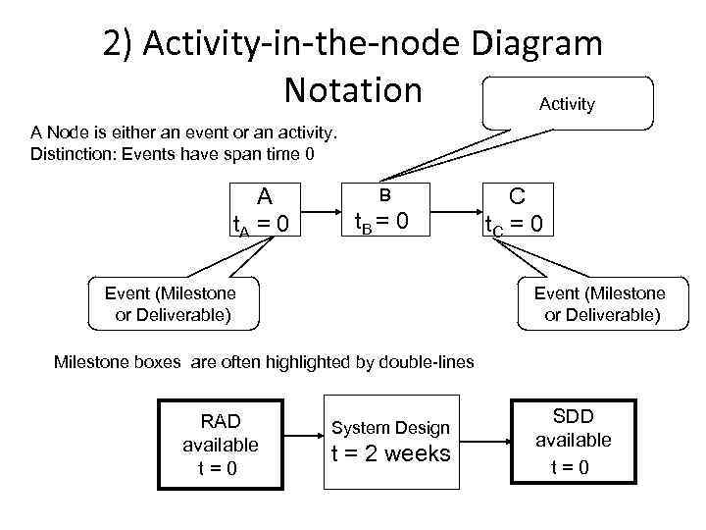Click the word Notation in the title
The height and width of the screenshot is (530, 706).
(352, 89)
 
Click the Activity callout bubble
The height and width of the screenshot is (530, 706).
(567, 103)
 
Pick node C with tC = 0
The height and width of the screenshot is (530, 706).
(520, 210)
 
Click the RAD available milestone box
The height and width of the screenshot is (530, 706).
(220, 445)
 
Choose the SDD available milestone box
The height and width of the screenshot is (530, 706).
(573, 440)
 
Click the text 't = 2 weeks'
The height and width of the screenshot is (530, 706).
(390, 453)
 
